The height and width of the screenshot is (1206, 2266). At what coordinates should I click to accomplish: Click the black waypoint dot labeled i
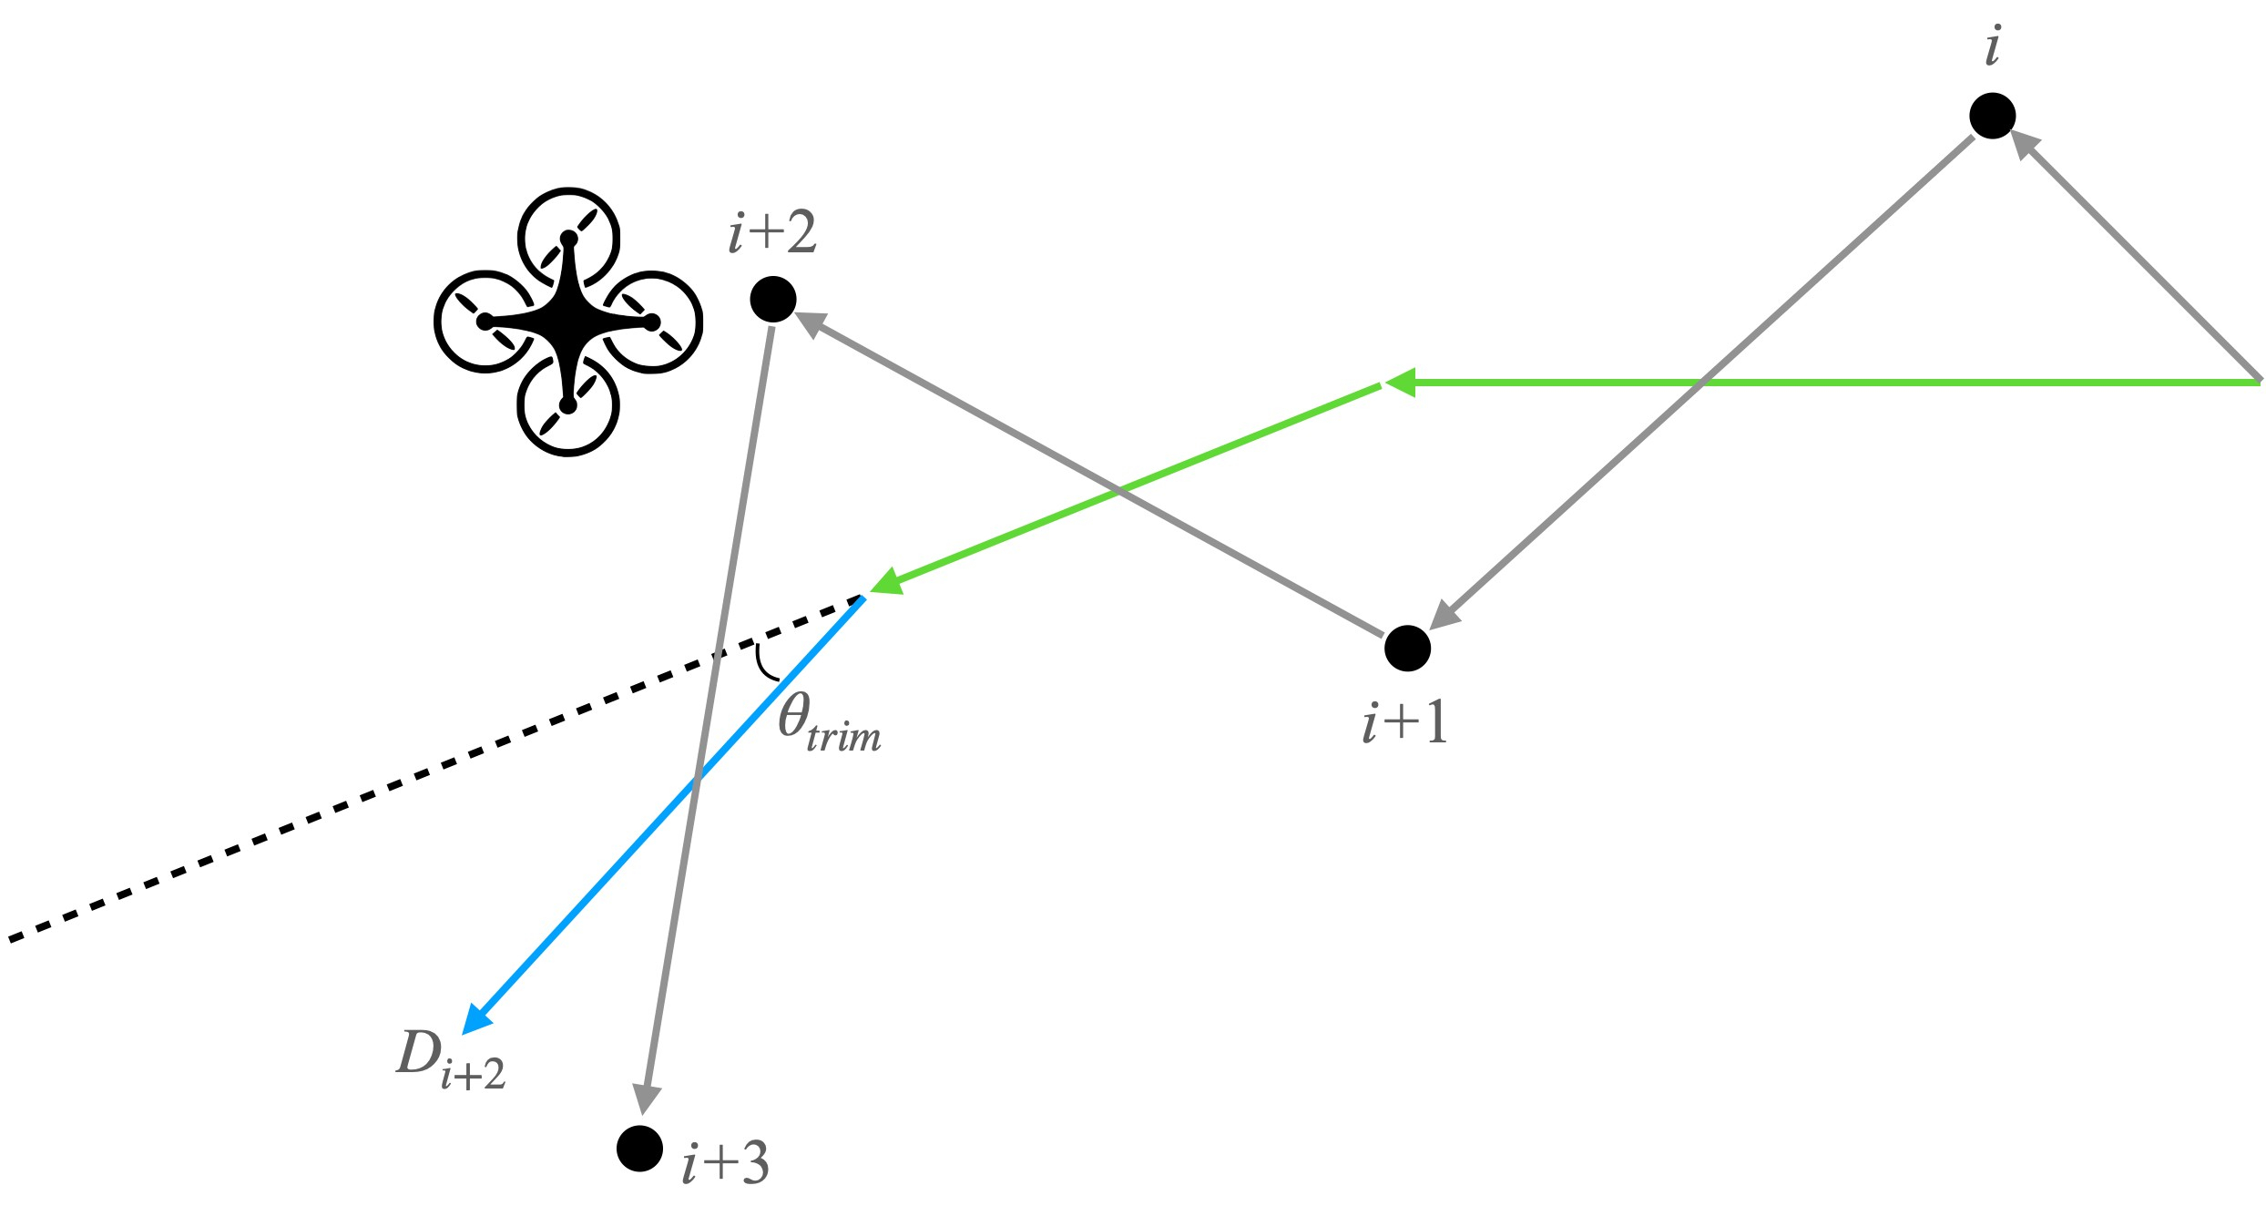(1992, 116)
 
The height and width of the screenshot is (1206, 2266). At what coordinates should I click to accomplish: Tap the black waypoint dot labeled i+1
(1407, 648)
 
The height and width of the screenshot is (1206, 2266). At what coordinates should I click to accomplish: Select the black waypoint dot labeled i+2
(772, 299)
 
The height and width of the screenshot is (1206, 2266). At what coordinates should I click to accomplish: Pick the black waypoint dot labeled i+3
(639, 1148)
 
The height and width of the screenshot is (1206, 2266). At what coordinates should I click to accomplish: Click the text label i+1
(1404, 723)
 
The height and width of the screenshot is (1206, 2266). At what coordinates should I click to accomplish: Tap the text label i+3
(725, 1161)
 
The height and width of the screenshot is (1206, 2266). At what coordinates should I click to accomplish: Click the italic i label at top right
(1993, 46)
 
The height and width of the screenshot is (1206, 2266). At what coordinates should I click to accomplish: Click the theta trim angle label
(830, 723)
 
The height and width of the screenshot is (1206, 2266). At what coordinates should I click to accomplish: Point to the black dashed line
(435, 768)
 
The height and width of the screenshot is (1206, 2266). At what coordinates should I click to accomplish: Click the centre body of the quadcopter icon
(568, 322)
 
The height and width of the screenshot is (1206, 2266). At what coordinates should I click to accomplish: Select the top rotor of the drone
(568, 239)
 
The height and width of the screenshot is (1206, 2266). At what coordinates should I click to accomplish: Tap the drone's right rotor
(651, 322)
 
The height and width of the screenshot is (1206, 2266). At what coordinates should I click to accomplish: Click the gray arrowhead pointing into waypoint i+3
(646, 1099)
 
